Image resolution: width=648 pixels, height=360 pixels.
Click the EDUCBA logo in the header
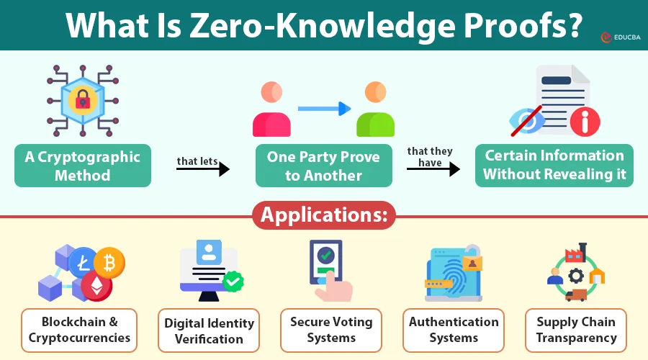[621, 37]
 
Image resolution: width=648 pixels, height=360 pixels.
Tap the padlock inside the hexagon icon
[83, 100]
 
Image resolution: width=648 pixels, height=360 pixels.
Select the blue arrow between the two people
[325, 109]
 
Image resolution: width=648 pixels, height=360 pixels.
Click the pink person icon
[271, 109]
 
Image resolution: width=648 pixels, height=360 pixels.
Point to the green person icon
[375, 109]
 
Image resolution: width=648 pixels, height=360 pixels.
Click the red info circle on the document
[585, 122]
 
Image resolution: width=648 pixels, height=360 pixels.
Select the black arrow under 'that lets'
[203, 168]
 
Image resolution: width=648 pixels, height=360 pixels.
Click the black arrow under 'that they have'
[433, 168]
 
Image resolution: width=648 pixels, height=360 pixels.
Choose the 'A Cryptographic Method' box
[83, 166]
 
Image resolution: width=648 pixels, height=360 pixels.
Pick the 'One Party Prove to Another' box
[323, 166]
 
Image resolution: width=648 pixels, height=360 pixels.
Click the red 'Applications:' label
[324, 215]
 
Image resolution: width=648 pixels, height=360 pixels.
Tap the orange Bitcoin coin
[109, 263]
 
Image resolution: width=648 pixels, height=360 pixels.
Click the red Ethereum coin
[96, 286]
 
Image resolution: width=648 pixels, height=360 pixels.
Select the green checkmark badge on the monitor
[233, 282]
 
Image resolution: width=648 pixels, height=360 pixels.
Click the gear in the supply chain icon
[576, 275]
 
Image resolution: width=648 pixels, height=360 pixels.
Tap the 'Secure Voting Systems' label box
[331, 330]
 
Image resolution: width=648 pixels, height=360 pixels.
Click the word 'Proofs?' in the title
[523, 26]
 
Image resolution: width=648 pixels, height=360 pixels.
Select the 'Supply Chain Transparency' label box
[576, 330]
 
